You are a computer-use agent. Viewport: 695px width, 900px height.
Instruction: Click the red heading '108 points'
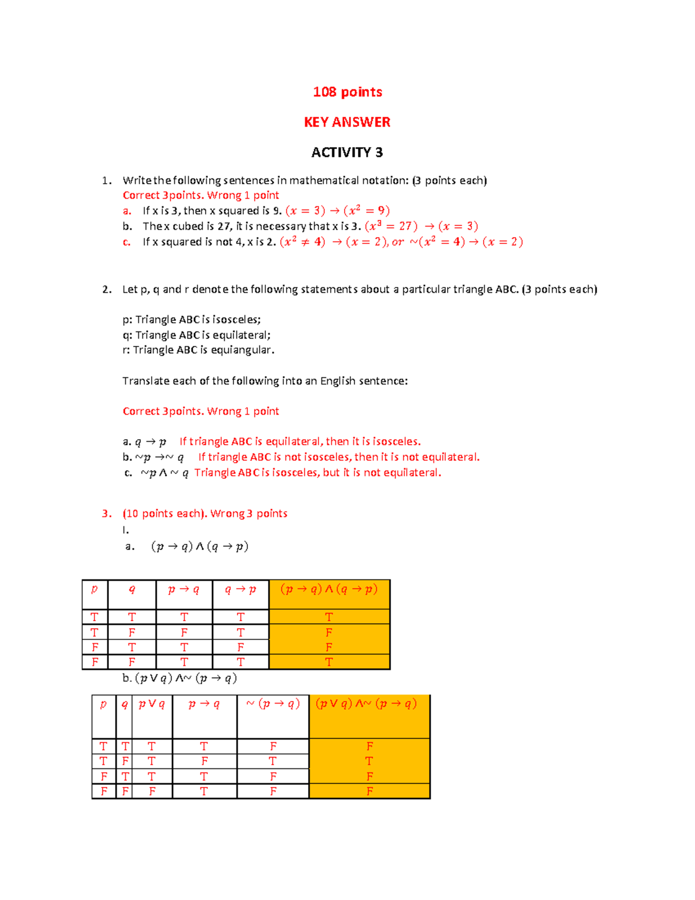click(x=348, y=92)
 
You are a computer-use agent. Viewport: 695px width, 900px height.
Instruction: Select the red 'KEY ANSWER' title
click(x=348, y=122)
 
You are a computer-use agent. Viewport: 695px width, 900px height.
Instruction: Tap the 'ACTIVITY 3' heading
click(x=347, y=152)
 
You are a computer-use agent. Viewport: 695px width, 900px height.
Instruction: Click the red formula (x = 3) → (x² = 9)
click(x=338, y=211)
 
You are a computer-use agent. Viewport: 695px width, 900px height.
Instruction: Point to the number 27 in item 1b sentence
click(x=225, y=227)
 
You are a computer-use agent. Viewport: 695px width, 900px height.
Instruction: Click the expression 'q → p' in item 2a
click(x=151, y=442)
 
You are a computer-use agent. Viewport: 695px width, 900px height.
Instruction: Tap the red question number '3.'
click(x=107, y=514)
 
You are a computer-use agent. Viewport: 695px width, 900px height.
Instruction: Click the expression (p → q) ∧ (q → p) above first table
click(x=200, y=546)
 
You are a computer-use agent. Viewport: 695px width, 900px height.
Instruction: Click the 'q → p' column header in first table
click(x=240, y=590)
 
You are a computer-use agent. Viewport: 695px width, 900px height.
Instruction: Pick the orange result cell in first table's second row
click(x=329, y=632)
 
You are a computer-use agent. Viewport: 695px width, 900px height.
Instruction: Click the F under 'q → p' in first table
click(x=240, y=647)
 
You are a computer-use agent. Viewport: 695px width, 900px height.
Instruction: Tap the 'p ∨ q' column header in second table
click(x=152, y=704)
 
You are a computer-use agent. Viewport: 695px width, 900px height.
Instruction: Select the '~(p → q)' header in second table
click(x=273, y=704)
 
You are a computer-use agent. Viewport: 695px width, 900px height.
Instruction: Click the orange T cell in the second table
click(x=370, y=761)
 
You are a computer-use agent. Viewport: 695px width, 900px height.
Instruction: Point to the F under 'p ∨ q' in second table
click(x=152, y=791)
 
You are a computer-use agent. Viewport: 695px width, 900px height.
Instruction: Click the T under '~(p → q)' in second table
click(x=273, y=761)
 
